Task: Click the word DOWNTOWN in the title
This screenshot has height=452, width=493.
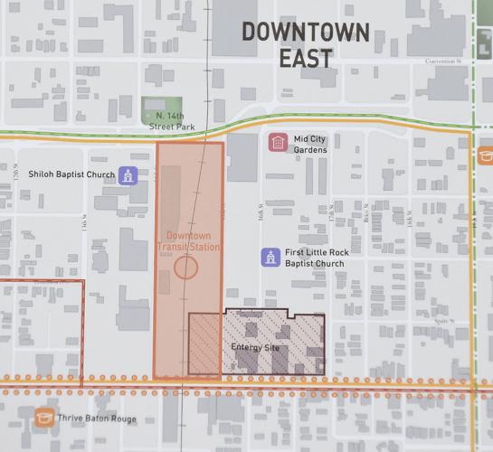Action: tap(304, 31)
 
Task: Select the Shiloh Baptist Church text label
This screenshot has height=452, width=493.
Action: tap(71, 174)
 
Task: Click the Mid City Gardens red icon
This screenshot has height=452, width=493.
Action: tap(278, 142)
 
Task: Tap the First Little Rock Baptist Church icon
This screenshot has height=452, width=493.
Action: tap(269, 258)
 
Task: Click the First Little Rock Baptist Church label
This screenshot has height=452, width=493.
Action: tap(318, 259)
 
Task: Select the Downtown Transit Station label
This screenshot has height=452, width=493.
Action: tap(188, 242)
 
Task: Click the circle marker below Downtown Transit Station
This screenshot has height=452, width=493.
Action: tap(186, 267)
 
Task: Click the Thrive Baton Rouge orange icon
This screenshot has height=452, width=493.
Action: tap(43, 419)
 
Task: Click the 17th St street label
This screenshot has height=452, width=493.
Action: tap(334, 214)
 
